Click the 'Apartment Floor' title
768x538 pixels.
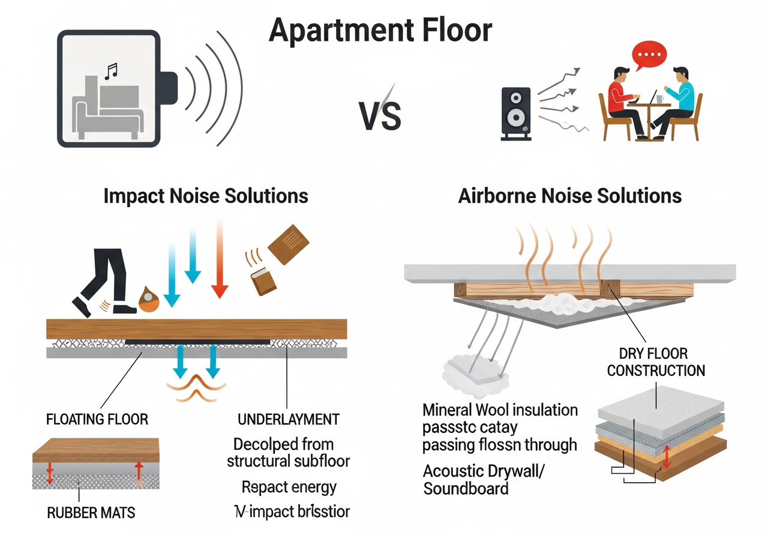pyautogui.click(x=380, y=30)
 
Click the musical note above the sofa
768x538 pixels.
pyautogui.click(x=111, y=73)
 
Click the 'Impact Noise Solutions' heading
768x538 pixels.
pyautogui.click(x=206, y=196)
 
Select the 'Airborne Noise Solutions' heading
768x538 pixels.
pyautogui.click(x=569, y=196)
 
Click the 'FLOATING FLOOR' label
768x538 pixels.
pyautogui.click(x=97, y=419)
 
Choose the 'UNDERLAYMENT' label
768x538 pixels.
pyautogui.click(x=289, y=419)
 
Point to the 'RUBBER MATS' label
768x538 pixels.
pyautogui.click(x=91, y=512)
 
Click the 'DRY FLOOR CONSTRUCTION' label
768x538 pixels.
pyautogui.click(x=656, y=361)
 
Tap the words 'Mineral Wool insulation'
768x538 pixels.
pyautogui.click(x=500, y=410)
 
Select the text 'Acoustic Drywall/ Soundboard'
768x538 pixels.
pyautogui.click(x=484, y=479)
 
